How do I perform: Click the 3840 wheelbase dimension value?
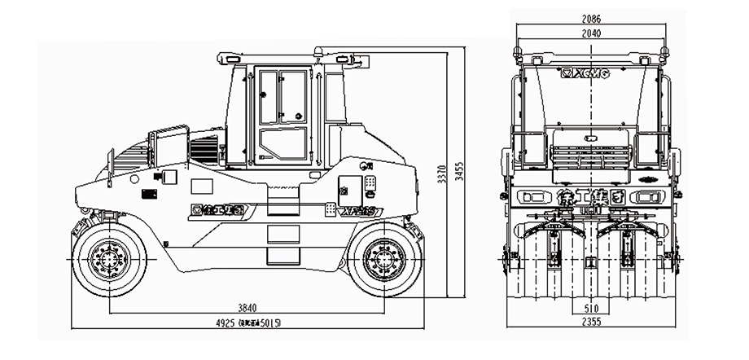(x=247, y=307)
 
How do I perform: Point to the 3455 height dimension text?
(x=459, y=169)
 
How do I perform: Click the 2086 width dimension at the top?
(x=592, y=19)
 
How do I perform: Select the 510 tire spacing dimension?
(x=592, y=310)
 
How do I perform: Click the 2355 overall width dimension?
(x=592, y=324)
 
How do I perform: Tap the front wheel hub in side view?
(x=108, y=259)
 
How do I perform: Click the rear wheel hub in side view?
(x=379, y=259)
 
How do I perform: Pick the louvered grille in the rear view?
(x=592, y=154)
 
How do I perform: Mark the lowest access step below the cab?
(x=283, y=255)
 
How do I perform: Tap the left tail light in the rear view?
(x=533, y=196)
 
